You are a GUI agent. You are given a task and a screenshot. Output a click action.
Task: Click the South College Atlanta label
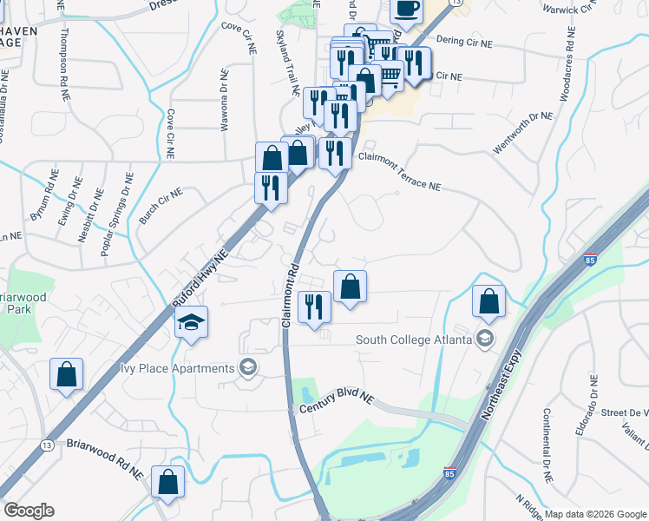click(413, 339)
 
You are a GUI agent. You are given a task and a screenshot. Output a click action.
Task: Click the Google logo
click(29, 511)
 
